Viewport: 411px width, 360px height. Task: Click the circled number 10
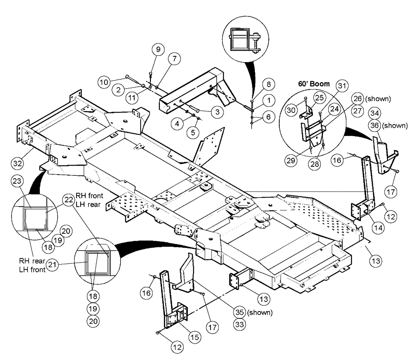click(x=105, y=82)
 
